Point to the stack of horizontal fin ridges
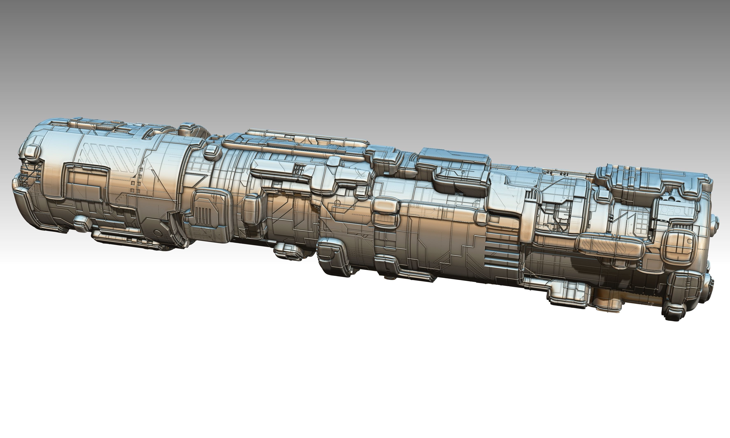pyautogui.click(x=501, y=251)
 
